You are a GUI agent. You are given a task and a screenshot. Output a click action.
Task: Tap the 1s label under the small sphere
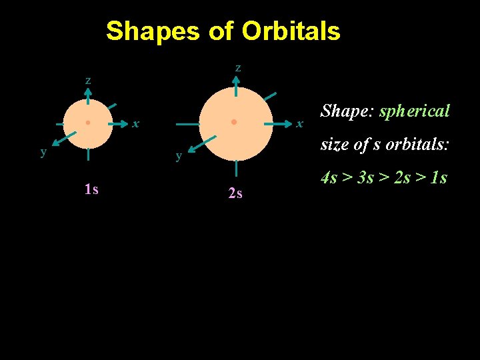91,189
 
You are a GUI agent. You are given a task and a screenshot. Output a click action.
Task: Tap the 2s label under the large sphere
235,194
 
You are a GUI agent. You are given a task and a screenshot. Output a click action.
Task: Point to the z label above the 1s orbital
88,80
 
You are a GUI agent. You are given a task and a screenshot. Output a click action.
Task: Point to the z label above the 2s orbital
238,67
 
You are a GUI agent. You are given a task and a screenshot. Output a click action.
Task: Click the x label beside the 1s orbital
135,123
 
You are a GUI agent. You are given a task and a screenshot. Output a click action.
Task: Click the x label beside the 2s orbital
300,123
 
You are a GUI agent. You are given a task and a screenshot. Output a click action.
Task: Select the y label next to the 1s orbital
43,151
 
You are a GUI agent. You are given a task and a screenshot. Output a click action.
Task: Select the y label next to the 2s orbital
179,156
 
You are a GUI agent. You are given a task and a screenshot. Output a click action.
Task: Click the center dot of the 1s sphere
88,123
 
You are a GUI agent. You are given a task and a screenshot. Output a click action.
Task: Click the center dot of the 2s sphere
234,123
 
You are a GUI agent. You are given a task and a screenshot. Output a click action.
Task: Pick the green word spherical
415,111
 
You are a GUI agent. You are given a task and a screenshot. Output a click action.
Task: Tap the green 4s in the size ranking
329,178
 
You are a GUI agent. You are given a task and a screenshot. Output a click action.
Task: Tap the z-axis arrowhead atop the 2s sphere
237,79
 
